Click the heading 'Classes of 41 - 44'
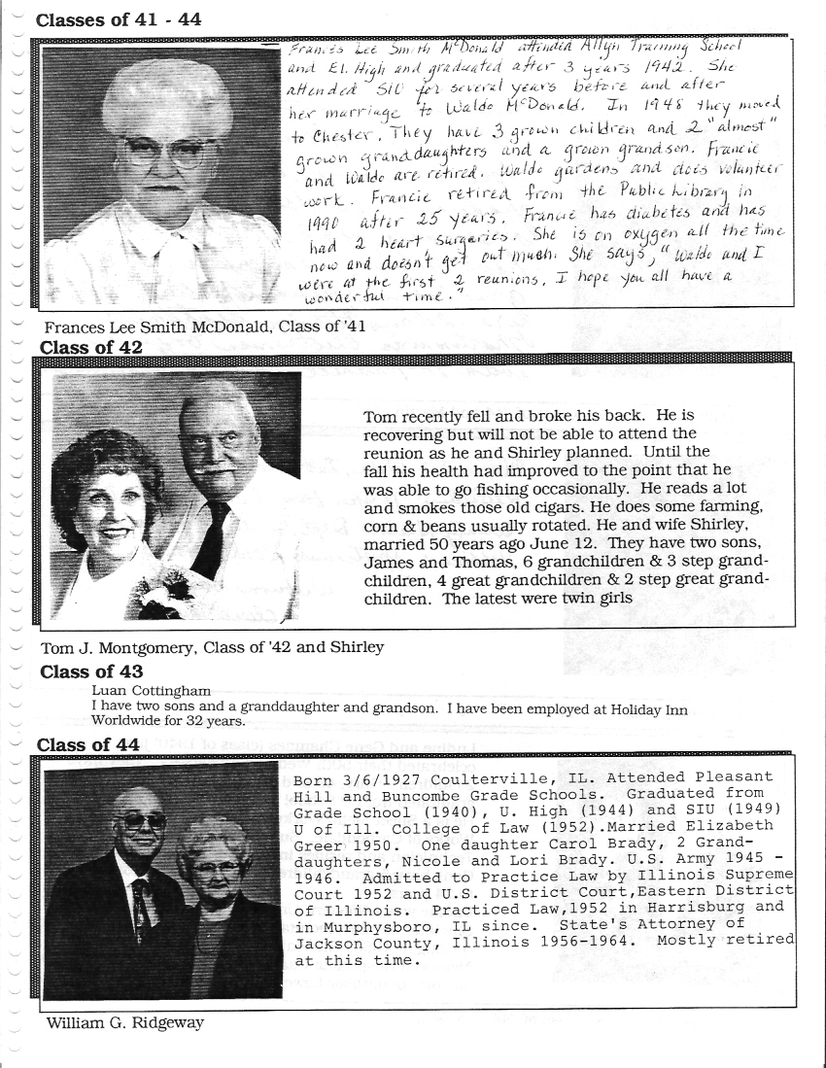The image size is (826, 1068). coord(119,19)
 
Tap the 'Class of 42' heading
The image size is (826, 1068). coord(90,347)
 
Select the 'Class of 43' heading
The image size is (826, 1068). coord(90,672)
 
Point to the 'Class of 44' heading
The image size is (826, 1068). coord(88,744)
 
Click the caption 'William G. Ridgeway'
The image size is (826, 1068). coord(124,1022)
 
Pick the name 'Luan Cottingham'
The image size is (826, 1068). coord(151,690)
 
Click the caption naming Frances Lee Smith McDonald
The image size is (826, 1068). coord(205,327)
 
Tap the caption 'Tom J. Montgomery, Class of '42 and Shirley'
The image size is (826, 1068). coord(212,647)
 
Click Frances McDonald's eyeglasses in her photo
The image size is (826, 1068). coord(167,152)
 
